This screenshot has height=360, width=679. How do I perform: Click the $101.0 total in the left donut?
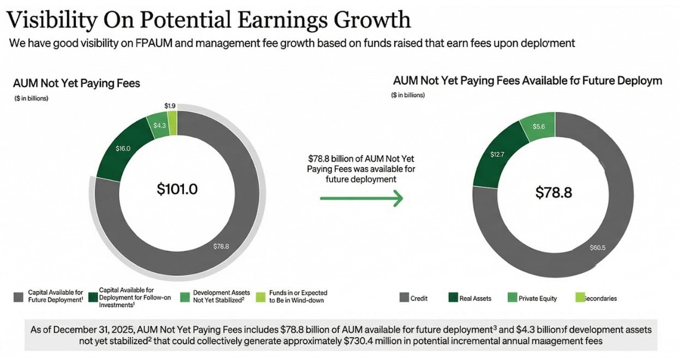pos(177,189)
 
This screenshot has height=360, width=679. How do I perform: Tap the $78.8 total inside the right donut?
pos(553,192)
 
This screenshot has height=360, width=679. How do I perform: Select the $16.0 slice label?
pos(123,148)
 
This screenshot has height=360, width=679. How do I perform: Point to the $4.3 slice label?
pos(159,125)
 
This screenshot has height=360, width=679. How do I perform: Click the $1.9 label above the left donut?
pos(170,105)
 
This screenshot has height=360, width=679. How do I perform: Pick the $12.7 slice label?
pos(497,154)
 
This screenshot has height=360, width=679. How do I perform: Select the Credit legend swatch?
pos(404,298)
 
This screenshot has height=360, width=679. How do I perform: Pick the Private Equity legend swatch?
pos(512,298)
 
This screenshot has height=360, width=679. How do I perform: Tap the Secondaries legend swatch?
pos(580,298)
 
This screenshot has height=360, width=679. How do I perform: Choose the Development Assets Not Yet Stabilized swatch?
pos(184,297)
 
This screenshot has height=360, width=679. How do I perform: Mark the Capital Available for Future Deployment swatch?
pos(18,297)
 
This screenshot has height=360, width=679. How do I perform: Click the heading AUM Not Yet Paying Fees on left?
pos(76,83)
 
